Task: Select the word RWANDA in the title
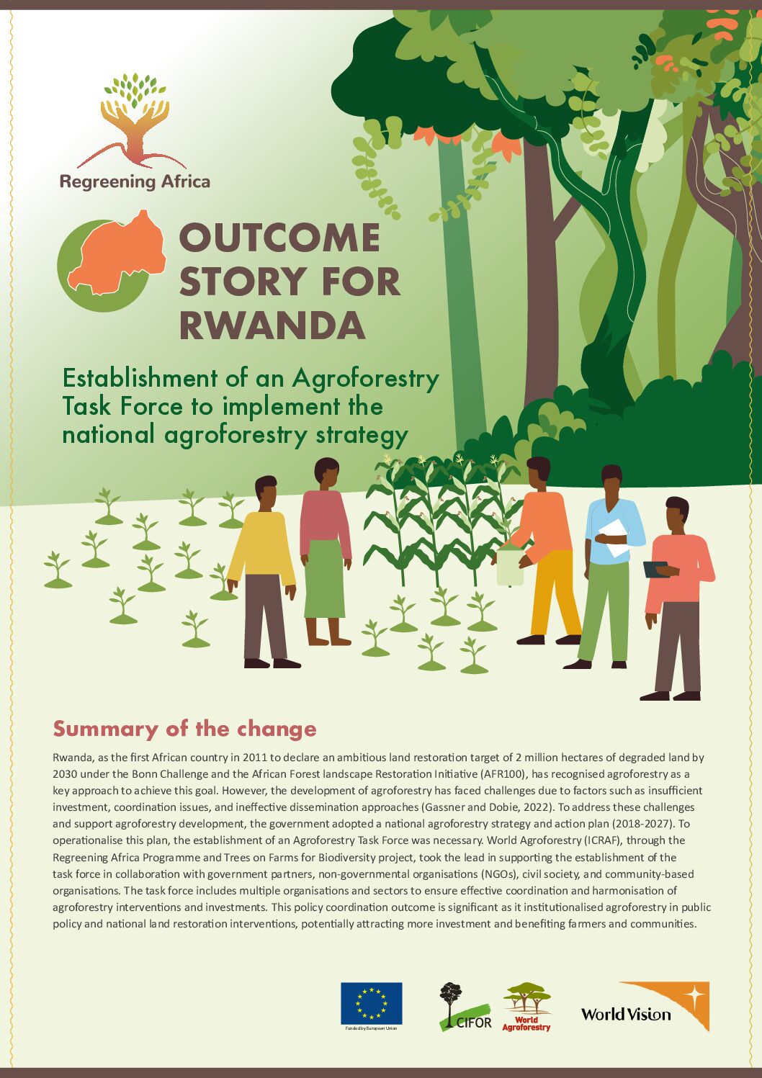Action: pos(272,325)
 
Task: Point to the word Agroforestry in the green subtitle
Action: pos(365,379)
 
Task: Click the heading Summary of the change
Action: pos(184,729)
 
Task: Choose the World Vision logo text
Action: pos(626,1015)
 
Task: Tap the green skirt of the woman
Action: pos(324,578)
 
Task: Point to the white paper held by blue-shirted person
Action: pos(612,539)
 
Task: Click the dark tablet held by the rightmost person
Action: pos(655,570)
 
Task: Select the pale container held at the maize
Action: pos(510,566)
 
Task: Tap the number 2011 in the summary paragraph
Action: pos(255,757)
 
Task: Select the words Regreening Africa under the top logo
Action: pos(135,182)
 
